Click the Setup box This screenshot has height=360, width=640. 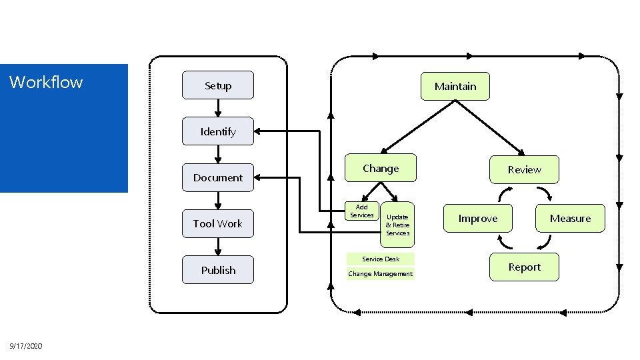coord(218,85)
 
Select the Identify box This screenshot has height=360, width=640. coord(218,131)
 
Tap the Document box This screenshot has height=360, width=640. coord(218,177)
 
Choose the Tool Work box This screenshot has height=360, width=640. coord(218,223)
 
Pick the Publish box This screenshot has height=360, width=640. coord(218,270)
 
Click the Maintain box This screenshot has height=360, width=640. coord(455,86)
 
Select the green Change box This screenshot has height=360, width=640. coord(381,169)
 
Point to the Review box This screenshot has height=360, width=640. coord(524,170)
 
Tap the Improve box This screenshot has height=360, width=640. coord(478,219)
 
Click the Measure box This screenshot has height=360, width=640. coord(570,219)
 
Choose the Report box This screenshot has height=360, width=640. coord(524,267)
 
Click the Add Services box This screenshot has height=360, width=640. coord(362,211)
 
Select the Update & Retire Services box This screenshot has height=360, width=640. coord(398,225)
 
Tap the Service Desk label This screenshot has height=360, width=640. coord(381,259)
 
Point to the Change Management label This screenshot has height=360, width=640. coord(381,274)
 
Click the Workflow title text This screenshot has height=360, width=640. coord(46,82)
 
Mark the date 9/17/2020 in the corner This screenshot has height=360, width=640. coord(26,346)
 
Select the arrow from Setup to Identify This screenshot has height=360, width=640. coord(218,109)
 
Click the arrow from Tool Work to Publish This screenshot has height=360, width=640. coord(218,246)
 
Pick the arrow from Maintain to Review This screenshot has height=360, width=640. coord(491,127)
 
